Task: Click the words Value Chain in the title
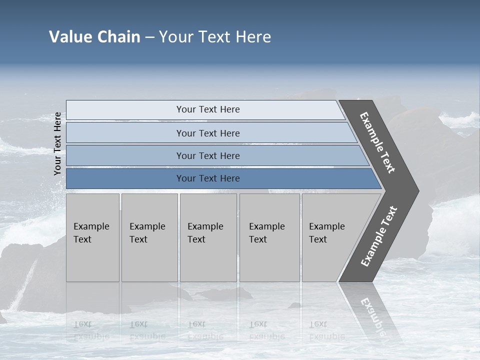click(94, 37)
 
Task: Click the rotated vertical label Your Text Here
click(58, 143)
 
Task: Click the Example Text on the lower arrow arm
click(379, 236)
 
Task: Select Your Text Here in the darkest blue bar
click(208, 178)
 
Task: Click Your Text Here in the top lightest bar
click(208, 109)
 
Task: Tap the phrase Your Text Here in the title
click(215, 37)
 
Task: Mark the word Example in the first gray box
click(91, 226)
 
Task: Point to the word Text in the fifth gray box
click(318, 239)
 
